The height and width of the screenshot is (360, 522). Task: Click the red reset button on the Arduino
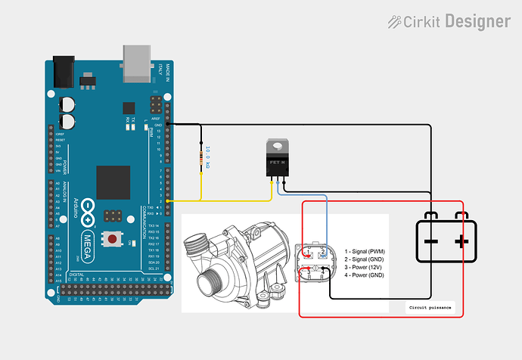(x=112, y=239)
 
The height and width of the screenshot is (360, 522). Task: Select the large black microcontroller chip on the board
(x=113, y=182)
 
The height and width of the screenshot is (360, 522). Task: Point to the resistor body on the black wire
(x=200, y=160)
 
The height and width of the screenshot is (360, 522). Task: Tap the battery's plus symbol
(x=461, y=241)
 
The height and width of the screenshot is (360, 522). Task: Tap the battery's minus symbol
(x=429, y=241)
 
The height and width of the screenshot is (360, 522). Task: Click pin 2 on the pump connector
(x=323, y=253)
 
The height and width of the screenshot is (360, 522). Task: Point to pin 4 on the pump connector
(x=323, y=270)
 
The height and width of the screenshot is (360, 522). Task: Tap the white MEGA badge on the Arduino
(x=88, y=237)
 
